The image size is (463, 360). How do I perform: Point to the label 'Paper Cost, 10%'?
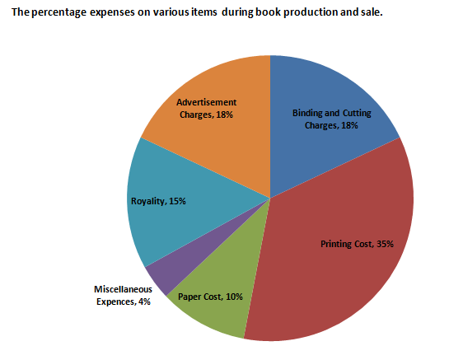tap(210, 297)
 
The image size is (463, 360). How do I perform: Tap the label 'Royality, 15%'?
tap(157, 200)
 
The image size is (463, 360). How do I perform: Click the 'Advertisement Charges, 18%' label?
tap(206, 109)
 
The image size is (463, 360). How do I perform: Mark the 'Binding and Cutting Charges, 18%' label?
tap(330, 119)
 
